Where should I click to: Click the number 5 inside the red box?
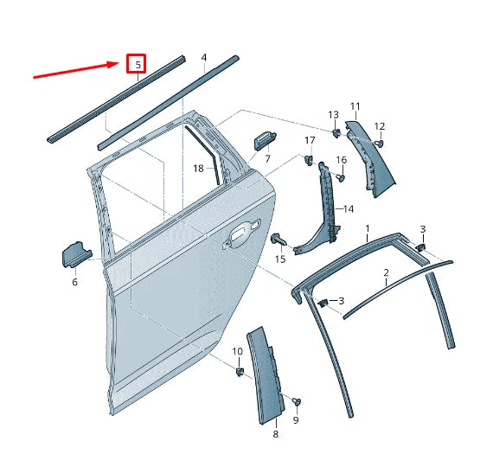pyautogui.click(x=137, y=64)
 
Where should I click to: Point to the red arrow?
pyautogui.click(x=78, y=69)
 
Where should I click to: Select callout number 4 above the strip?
pyautogui.click(x=204, y=58)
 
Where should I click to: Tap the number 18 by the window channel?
pyautogui.click(x=198, y=169)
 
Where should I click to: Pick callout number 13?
pyautogui.click(x=334, y=115)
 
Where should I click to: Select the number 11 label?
pyautogui.click(x=355, y=106)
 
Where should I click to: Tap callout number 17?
pyautogui.click(x=310, y=140)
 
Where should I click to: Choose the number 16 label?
pyautogui.click(x=342, y=160)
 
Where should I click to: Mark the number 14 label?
pyautogui.click(x=349, y=209)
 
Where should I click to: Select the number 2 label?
pyautogui.click(x=386, y=272)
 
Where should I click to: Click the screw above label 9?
pyautogui.click(x=298, y=401)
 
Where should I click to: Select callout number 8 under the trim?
pyautogui.click(x=276, y=435)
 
